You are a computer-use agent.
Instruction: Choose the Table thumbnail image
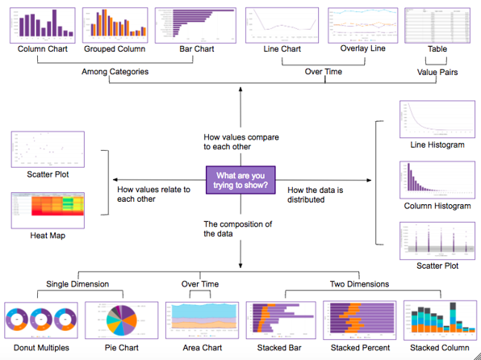437,26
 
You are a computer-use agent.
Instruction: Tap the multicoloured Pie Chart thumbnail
120,321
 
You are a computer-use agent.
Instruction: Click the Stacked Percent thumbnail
359,321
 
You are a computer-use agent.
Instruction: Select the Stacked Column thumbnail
438,321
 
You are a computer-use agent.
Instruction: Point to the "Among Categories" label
115,73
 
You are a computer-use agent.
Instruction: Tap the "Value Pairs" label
436,73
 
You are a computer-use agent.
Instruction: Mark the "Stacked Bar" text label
278,349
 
